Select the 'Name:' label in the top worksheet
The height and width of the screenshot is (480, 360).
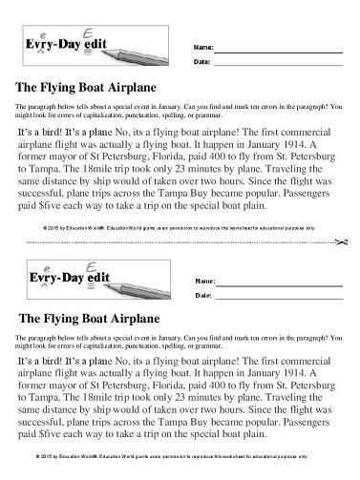[203, 46]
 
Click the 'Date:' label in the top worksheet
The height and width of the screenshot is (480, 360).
[202, 62]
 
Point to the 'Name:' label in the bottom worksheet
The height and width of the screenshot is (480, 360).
[203, 281]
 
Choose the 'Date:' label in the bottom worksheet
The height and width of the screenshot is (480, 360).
[202, 296]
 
